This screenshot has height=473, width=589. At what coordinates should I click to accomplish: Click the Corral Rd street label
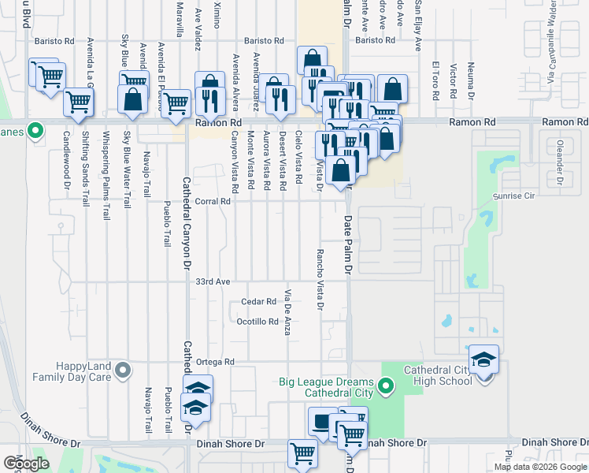click(x=214, y=201)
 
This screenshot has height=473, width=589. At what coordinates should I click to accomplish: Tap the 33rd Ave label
click(x=213, y=281)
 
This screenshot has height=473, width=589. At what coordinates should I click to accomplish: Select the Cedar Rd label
click(x=259, y=301)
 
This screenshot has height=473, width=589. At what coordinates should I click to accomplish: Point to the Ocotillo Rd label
click(x=257, y=322)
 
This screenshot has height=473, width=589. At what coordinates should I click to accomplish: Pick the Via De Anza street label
click(x=288, y=312)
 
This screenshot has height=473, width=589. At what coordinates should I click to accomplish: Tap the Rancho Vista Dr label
click(x=320, y=274)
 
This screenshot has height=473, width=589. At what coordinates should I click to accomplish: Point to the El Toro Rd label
click(x=435, y=81)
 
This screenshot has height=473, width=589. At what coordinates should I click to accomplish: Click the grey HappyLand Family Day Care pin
click(x=123, y=369)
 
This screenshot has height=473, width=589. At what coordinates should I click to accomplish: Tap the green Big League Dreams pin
click(x=385, y=385)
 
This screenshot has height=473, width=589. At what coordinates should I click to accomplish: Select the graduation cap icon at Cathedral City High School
click(x=483, y=360)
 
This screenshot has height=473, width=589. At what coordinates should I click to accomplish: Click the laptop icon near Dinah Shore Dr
click(x=322, y=423)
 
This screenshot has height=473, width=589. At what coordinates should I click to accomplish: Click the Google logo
click(x=27, y=463)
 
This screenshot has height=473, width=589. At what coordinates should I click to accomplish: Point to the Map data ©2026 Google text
click(x=539, y=467)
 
